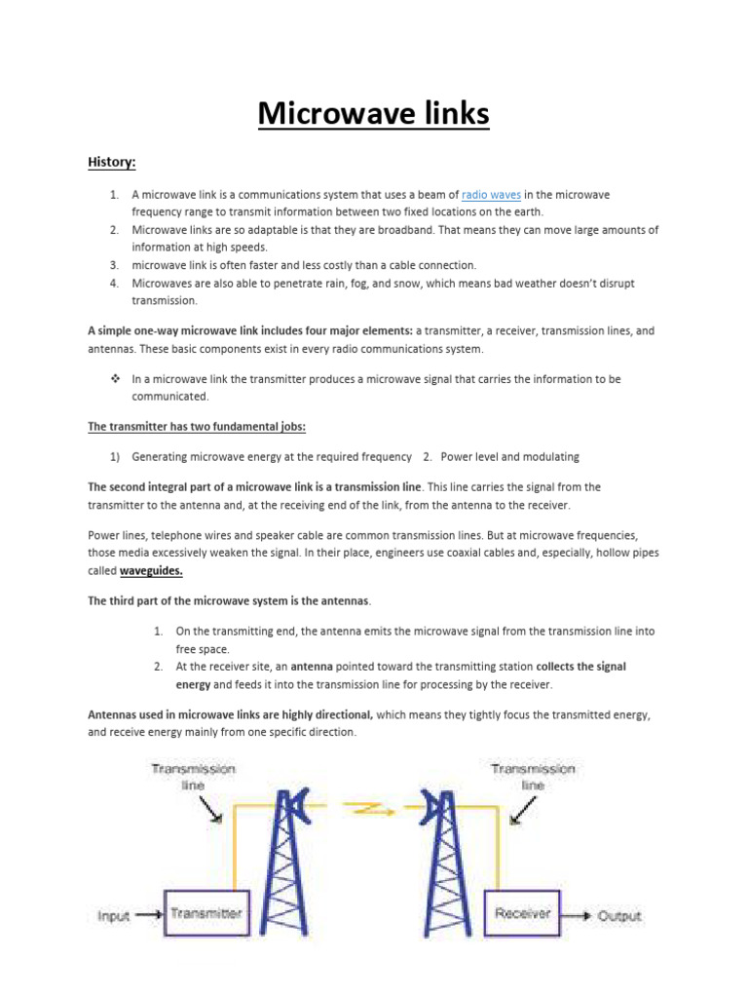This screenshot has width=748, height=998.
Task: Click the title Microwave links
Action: click(373, 114)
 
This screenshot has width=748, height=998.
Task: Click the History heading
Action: click(110, 161)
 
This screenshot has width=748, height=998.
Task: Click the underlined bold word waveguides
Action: click(151, 571)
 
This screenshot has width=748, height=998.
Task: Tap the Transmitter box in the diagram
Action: click(206, 913)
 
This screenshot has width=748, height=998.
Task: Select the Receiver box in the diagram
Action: click(522, 913)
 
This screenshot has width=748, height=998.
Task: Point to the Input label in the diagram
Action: click(114, 915)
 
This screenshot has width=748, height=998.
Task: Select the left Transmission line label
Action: click(193, 776)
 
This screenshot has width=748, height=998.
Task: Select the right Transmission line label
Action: click(533, 776)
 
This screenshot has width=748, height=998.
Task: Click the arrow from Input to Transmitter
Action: click(149, 915)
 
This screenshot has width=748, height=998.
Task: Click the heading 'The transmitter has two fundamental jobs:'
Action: click(197, 426)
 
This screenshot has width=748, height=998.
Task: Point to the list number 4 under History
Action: click(113, 284)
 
